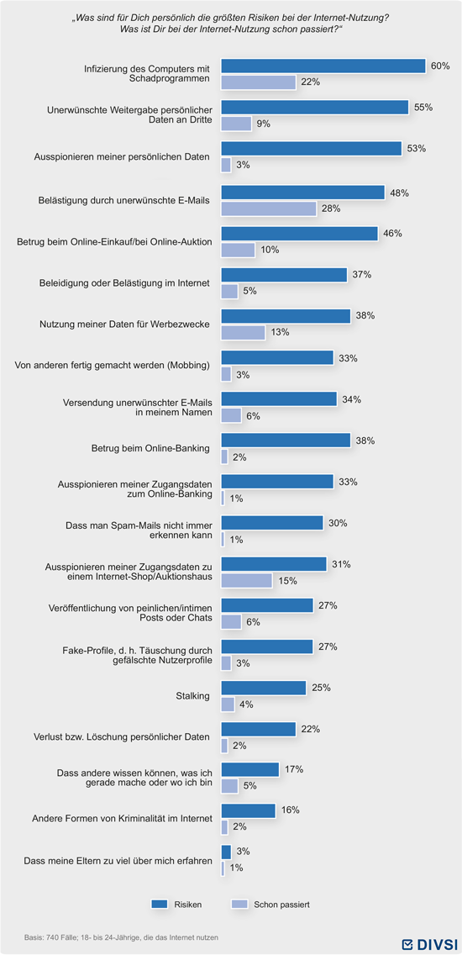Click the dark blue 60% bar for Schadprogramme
coord(323,66)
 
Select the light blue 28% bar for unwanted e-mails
coord(269,208)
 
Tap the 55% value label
coord(423,108)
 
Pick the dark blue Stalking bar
coord(263,688)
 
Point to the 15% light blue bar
coord(246,580)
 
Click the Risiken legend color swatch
coord(163,905)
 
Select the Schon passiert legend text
coord(281,905)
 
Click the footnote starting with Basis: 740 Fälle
coord(121,936)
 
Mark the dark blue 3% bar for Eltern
coord(226,852)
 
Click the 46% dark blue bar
coord(300,233)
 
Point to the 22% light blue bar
coord(258,82)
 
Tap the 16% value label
coord(291,810)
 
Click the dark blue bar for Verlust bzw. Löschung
coord(258,729)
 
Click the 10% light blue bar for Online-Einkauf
coord(238,250)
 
